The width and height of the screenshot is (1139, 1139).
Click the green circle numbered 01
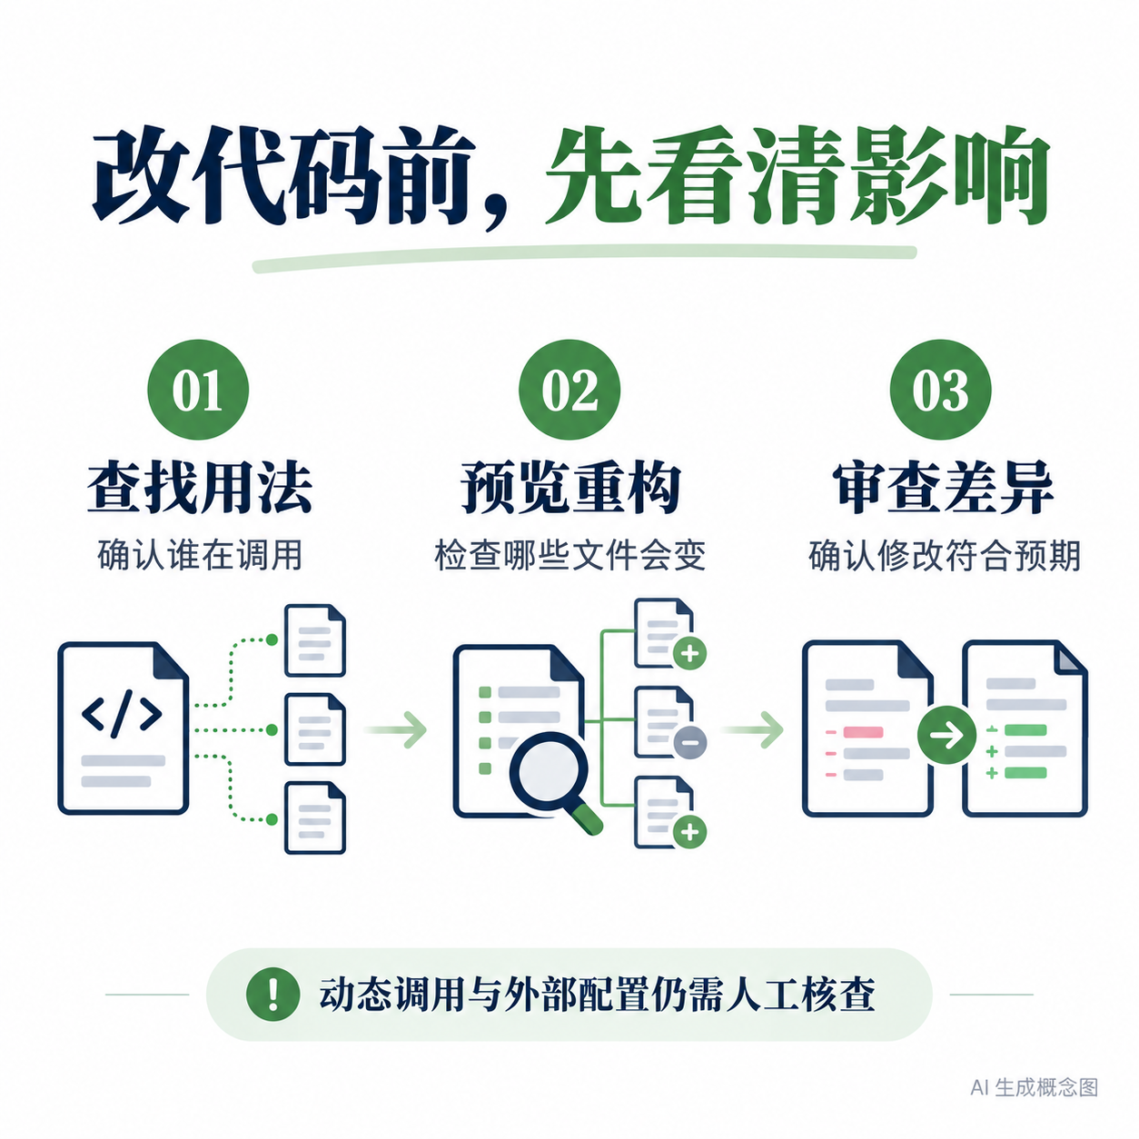(x=197, y=389)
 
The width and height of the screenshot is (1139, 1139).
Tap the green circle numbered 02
(x=569, y=389)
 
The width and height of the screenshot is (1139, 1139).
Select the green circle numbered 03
(x=939, y=389)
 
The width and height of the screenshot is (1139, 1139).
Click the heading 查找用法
(x=199, y=488)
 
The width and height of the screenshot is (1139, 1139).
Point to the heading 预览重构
(x=569, y=488)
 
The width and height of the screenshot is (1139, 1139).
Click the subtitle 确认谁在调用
(x=200, y=555)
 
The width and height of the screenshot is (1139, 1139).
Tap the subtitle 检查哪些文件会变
(x=569, y=555)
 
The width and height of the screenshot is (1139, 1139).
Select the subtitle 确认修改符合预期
(x=944, y=555)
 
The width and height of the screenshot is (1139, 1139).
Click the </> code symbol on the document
(x=122, y=713)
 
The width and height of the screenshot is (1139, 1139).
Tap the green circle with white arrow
(x=946, y=736)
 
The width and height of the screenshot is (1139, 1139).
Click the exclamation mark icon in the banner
(x=272, y=995)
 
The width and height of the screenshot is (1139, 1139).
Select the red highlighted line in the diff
(x=862, y=732)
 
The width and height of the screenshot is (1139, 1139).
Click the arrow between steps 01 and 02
(x=395, y=730)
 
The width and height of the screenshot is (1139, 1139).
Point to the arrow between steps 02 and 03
(x=752, y=730)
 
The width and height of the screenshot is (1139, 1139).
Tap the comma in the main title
(x=495, y=212)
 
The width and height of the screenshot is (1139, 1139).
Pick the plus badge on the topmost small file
(x=689, y=654)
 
